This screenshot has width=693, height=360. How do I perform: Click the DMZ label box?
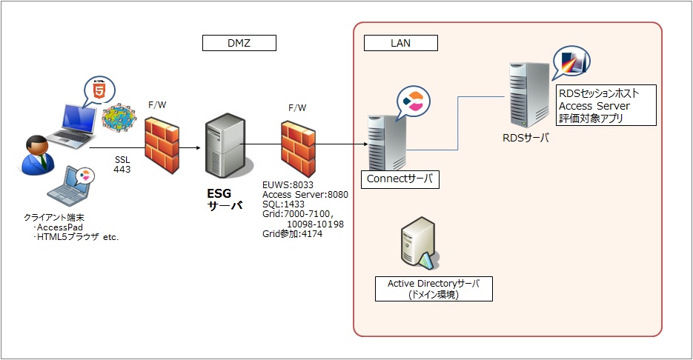(239, 44)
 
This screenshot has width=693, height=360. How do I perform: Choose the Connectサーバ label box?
(399, 179)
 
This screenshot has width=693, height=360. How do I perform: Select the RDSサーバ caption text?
(525, 136)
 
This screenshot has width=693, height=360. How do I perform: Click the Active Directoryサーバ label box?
(434, 289)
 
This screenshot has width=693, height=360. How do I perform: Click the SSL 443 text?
(122, 164)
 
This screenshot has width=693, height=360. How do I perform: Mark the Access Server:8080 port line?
(305, 193)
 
